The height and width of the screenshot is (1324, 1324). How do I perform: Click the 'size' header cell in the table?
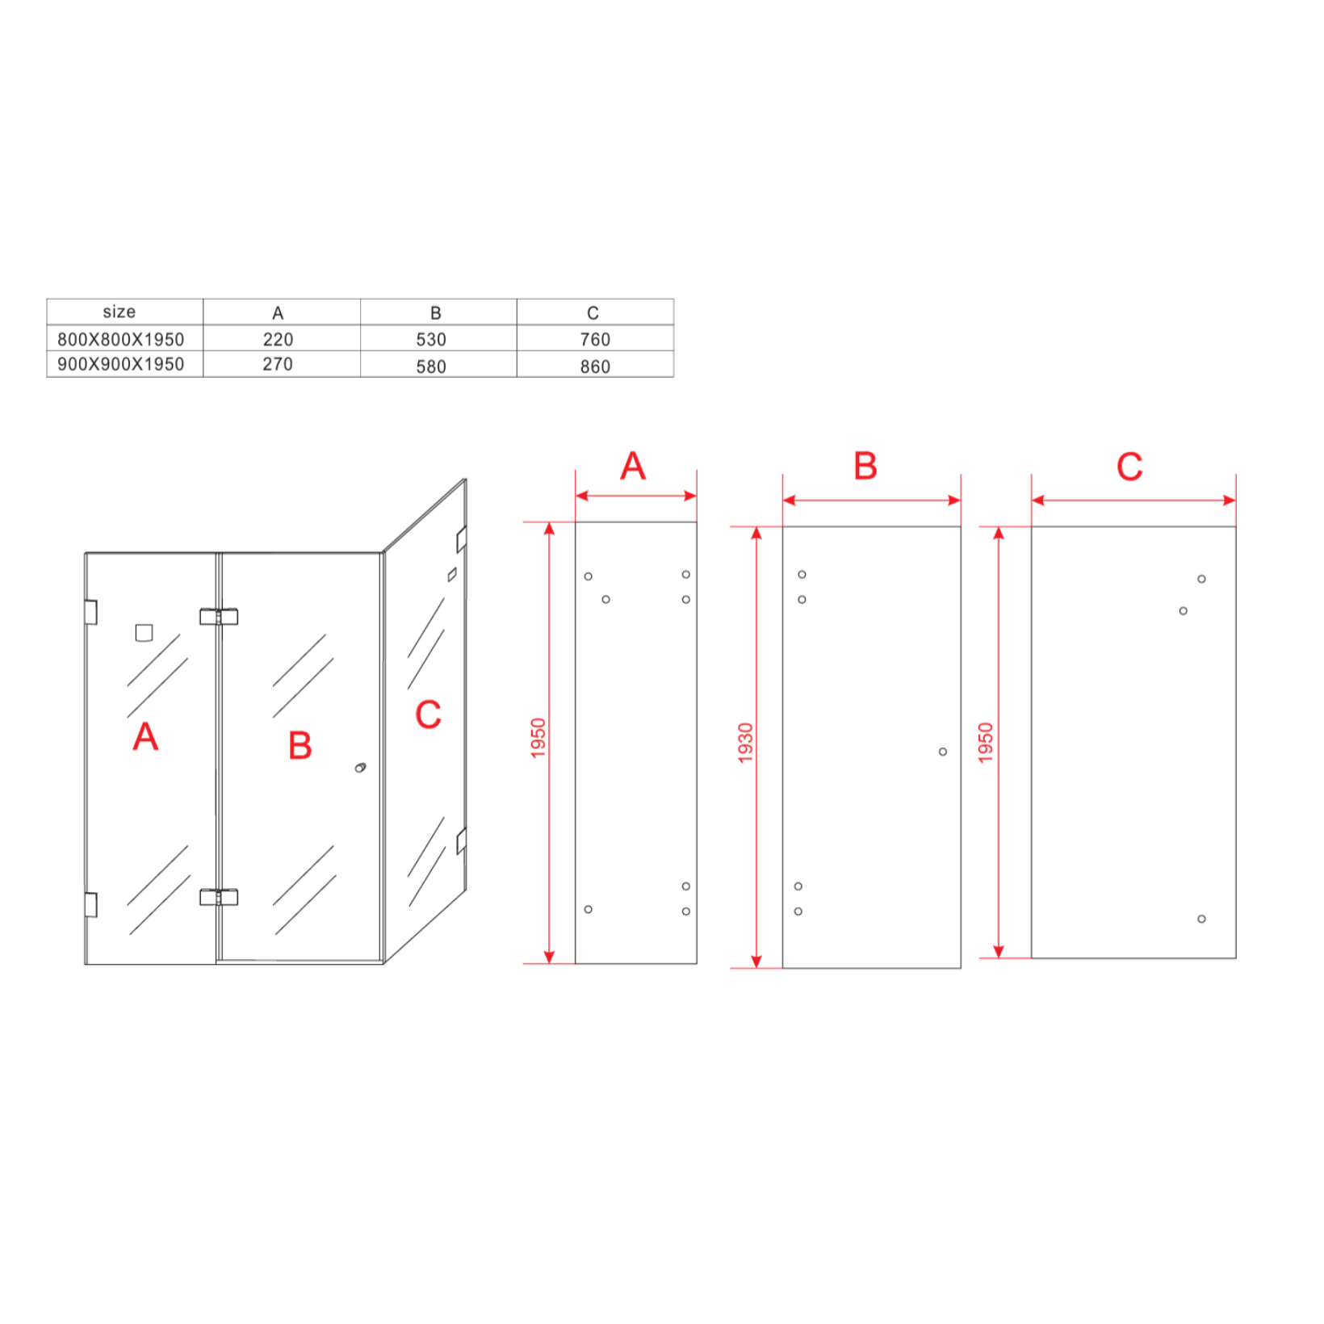coord(119,312)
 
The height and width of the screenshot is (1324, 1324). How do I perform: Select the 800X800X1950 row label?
coord(121,340)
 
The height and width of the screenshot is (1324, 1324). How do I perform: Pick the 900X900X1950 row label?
coord(121,364)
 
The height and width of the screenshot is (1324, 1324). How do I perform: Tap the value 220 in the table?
coord(278,340)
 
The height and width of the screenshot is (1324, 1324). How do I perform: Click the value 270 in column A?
coord(278,364)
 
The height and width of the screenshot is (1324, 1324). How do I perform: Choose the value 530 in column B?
coord(431,340)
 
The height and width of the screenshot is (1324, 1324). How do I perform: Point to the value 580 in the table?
coord(431,367)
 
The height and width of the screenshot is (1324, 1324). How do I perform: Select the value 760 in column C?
coord(595,340)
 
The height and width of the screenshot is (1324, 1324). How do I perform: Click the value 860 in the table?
coord(595,367)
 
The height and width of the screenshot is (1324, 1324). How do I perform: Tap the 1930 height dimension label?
coord(745,743)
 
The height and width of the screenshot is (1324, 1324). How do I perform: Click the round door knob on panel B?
coord(360,767)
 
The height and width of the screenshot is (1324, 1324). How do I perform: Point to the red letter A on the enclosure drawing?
coord(145,735)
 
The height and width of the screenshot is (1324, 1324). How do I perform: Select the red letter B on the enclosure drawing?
coord(300,745)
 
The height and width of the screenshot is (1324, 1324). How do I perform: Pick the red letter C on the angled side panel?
coord(428,714)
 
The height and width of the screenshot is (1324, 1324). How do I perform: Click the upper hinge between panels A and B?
coord(219,617)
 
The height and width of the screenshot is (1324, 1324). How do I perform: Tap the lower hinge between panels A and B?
coord(219,897)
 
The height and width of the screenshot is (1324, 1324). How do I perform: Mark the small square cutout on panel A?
coord(144,633)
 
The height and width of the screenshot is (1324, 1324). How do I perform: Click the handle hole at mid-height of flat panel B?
coord(942,752)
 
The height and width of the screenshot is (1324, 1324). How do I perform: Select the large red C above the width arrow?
coord(1129,467)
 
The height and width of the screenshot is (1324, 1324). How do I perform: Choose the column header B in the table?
coord(435,313)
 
